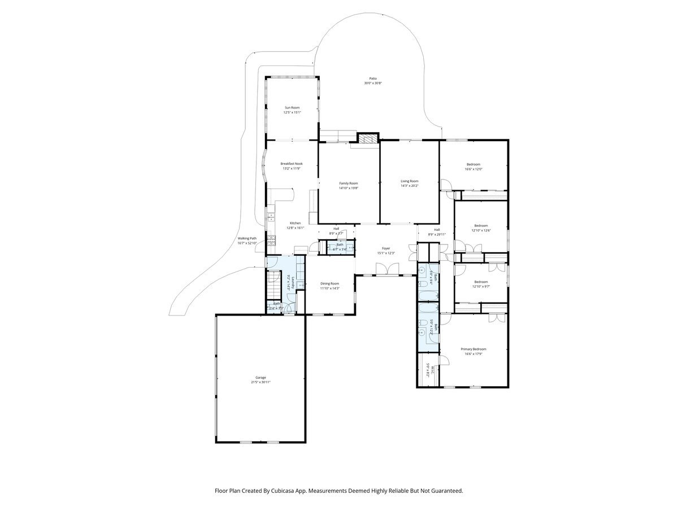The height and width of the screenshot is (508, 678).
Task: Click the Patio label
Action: (x=373, y=78)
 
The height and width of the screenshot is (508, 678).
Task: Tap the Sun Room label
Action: (x=292, y=107)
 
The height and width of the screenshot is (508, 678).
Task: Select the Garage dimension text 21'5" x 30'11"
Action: (x=260, y=382)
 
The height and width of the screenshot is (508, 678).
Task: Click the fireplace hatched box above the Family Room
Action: (x=368, y=139)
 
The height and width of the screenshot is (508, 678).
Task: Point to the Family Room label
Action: (x=349, y=183)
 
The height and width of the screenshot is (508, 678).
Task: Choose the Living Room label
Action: (x=410, y=181)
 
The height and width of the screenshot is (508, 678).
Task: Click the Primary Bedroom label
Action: (x=473, y=349)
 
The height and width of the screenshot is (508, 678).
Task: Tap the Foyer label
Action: (x=386, y=248)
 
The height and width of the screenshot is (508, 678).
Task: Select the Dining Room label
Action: (x=329, y=283)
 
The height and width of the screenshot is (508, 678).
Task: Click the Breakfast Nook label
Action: (x=292, y=164)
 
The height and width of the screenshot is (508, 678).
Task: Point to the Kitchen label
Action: (x=295, y=223)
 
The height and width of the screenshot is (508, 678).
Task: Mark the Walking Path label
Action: (x=247, y=238)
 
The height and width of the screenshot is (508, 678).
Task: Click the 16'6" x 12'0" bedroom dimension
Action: (x=473, y=169)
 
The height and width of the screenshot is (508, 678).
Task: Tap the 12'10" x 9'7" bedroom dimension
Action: (x=481, y=287)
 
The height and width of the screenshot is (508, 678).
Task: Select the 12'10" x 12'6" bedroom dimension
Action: (x=481, y=230)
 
